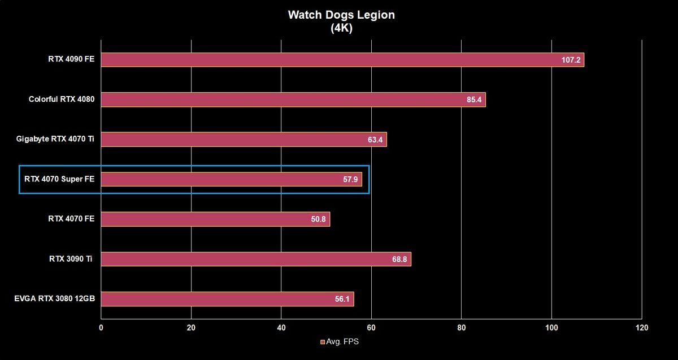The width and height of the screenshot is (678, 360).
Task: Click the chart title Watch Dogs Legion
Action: pos(341,15)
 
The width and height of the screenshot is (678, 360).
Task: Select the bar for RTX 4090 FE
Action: pos(342,60)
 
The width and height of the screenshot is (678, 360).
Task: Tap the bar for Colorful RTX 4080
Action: pos(293,99)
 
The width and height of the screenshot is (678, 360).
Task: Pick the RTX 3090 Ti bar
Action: pos(256,259)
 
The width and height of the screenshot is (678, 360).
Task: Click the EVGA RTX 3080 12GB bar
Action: pos(227,299)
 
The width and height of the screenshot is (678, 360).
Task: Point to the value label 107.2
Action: pos(571,60)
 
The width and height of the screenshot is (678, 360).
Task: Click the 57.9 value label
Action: pos(350,180)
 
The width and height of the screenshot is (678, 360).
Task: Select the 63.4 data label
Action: pos(375,140)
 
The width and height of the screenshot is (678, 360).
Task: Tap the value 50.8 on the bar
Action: pos(318,219)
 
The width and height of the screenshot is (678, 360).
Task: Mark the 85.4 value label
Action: pos(474,99)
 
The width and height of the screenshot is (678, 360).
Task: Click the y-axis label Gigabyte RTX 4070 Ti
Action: pos(55,139)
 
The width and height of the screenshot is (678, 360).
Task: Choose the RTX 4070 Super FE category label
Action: pos(59,179)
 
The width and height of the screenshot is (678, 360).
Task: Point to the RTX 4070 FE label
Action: pos(71,219)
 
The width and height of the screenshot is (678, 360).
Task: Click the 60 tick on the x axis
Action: pos(371,328)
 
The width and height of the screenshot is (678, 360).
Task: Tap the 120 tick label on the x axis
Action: pos(642,328)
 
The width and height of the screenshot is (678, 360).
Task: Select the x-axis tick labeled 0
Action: pos(101,328)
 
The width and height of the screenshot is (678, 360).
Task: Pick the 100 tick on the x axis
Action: pos(551,328)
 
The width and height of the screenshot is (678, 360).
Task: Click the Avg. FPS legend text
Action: pos(342,341)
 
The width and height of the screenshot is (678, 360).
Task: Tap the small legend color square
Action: pos(323,342)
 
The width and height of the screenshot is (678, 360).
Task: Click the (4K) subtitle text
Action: pos(341,28)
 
